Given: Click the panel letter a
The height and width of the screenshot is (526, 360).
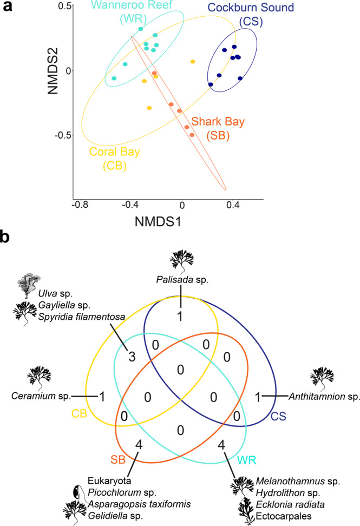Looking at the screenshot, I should tap(8, 8).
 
